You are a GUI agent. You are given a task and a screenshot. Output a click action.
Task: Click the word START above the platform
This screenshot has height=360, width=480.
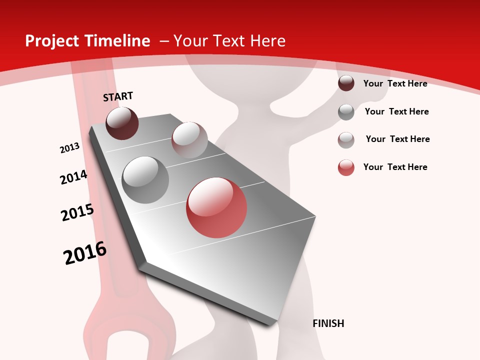click(x=118, y=96)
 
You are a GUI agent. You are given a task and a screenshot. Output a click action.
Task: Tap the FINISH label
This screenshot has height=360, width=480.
click(x=328, y=323)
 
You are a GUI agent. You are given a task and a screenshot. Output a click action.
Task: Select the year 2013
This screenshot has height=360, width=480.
click(x=69, y=148)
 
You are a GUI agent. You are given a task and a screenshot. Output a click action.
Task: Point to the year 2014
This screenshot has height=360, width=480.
click(x=73, y=177)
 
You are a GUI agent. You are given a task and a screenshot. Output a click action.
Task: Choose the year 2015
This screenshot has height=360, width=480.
click(x=77, y=212)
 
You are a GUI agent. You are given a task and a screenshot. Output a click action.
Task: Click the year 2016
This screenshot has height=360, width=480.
click(x=85, y=253)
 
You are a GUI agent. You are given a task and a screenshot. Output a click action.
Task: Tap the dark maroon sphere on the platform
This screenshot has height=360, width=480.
click(x=122, y=123)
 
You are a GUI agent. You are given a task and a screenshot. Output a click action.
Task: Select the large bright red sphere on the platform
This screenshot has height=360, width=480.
click(x=216, y=207)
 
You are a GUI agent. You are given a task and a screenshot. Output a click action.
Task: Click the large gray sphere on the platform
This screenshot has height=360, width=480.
click(x=145, y=180)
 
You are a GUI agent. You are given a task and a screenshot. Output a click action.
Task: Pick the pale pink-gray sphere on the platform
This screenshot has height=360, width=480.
click(x=189, y=140)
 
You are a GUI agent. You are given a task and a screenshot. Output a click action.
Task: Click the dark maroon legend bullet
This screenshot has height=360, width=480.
click(x=346, y=83)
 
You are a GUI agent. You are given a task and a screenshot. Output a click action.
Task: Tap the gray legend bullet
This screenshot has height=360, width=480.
click(x=346, y=111)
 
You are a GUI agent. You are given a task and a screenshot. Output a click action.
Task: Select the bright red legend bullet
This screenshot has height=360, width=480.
click(x=346, y=167)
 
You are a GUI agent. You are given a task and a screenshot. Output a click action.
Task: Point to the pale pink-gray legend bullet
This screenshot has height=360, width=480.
click(x=346, y=139)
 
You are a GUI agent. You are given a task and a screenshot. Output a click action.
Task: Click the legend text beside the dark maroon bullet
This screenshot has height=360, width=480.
click(x=395, y=83)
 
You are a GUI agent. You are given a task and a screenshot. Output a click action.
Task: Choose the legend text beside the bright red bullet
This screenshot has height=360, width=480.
click(x=395, y=167)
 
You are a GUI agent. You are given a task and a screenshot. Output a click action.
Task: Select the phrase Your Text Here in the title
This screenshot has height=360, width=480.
click(x=229, y=41)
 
